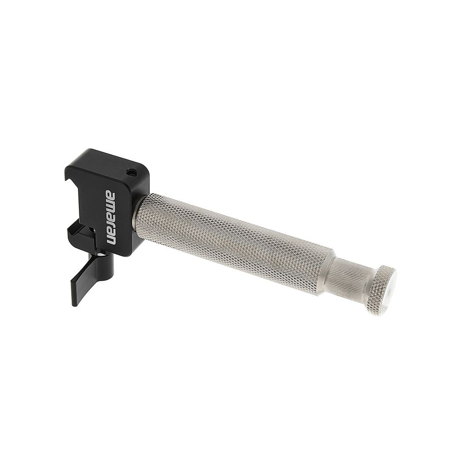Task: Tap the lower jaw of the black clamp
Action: pos(76,229)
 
